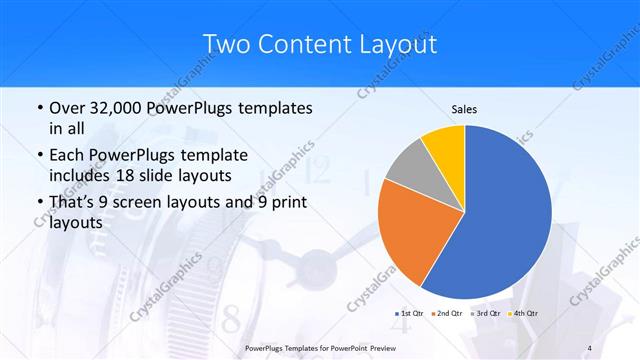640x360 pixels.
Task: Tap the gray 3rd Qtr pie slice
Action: coord(406,164)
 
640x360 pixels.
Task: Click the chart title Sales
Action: coord(464,109)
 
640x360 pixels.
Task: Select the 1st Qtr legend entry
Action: coord(409,314)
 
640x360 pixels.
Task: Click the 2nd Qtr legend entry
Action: coord(447,314)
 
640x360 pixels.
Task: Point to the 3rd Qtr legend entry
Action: coord(486,314)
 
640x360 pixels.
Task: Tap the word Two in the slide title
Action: coord(226,43)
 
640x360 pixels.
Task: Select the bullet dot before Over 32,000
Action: coord(38,108)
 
